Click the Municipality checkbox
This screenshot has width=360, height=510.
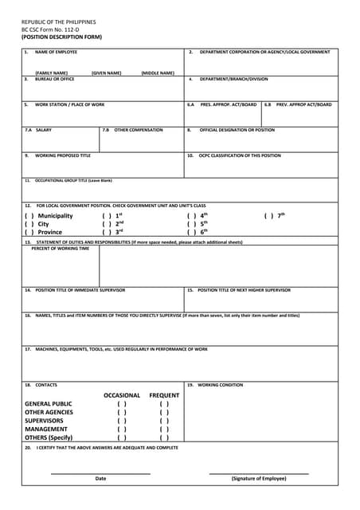(x=28, y=216)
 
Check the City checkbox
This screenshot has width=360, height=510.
(x=28, y=224)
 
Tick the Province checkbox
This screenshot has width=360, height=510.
(x=28, y=232)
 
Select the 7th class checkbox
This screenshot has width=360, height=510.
(x=268, y=216)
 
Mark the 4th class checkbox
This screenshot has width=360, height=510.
(x=191, y=216)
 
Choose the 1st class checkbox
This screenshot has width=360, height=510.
(x=106, y=216)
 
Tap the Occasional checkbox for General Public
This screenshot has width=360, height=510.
(x=122, y=403)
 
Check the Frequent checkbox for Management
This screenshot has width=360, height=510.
(x=164, y=429)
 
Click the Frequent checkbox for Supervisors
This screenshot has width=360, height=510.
(x=164, y=420)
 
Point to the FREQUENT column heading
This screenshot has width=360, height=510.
(x=164, y=395)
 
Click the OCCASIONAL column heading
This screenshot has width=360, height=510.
(x=122, y=395)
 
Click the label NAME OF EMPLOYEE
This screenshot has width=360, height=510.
(x=56, y=52)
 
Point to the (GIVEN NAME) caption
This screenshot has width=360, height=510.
(x=107, y=73)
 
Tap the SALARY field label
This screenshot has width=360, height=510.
(x=43, y=130)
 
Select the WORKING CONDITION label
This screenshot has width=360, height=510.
(x=220, y=385)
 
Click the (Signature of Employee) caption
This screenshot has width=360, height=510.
(x=259, y=478)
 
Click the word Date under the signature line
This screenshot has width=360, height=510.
(x=100, y=478)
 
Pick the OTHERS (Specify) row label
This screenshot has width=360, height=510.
(x=49, y=437)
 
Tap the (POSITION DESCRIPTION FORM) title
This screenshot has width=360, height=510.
(x=61, y=37)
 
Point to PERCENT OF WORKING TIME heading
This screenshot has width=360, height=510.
(x=61, y=248)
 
